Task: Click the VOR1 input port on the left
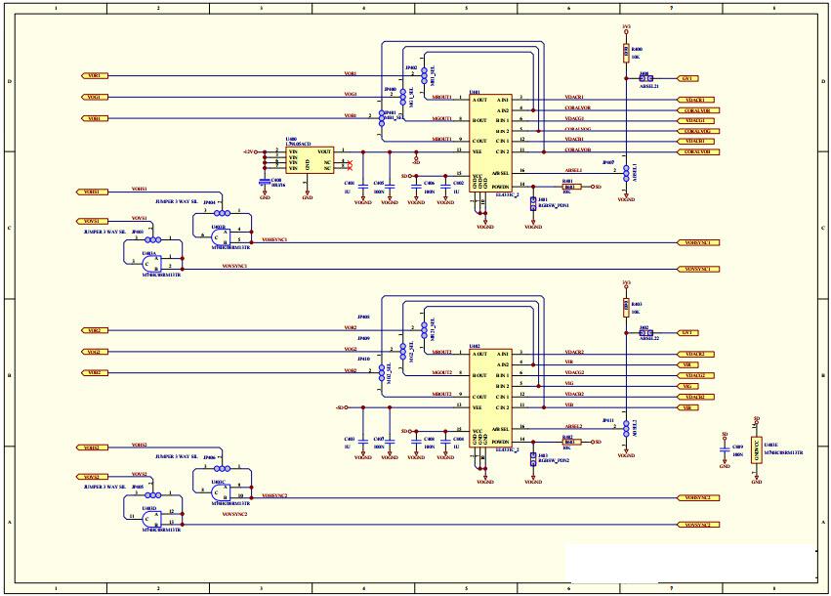tap(96, 75)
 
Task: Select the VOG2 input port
tap(96, 351)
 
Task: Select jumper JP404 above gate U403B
tap(222, 211)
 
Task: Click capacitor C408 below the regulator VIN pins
tap(265, 182)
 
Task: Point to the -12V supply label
tap(249, 151)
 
